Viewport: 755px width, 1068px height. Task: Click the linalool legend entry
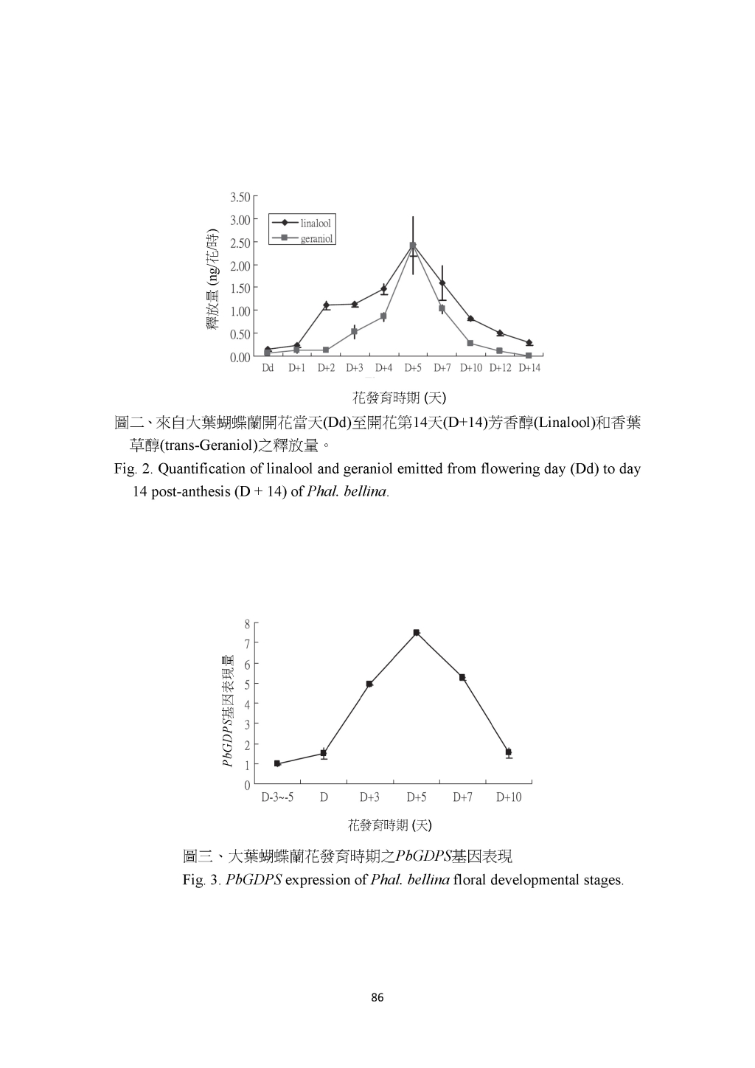[x=316, y=223]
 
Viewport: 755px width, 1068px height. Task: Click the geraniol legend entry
[x=317, y=239]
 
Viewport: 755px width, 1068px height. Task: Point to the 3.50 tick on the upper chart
[x=240, y=197]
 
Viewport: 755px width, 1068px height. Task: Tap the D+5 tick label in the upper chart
[x=413, y=367]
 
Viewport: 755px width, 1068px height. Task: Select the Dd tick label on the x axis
[x=268, y=367]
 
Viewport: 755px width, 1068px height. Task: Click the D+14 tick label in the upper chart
[x=529, y=367]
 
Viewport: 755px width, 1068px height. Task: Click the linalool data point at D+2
[x=326, y=305]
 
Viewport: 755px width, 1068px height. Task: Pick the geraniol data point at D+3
[x=355, y=332]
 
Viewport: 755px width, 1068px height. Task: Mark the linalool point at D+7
[x=442, y=283]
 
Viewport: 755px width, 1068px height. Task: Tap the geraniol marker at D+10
[x=470, y=343]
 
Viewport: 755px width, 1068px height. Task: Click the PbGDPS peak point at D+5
[x=417, y=632]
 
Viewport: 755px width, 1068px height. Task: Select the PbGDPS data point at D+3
[x=369, y=684]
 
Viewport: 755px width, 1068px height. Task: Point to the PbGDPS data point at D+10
[x=509, y=752]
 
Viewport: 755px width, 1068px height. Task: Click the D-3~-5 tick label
[x=277, y=797]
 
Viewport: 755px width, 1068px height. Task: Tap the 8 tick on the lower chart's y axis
[x=247, y=623]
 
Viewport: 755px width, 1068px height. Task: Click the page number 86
[x=377, y=998]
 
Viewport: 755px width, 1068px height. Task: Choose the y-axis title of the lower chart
[x=228, y=710]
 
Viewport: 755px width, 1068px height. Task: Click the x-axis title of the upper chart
[x=399, y=398]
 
